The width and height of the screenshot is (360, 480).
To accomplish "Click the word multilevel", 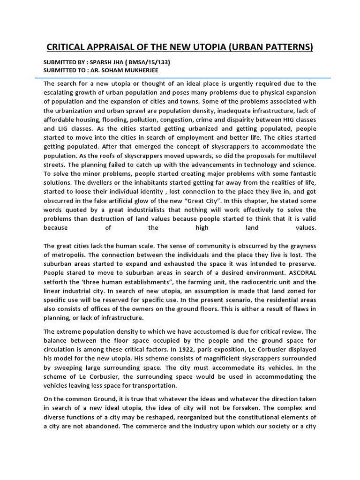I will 298,156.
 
